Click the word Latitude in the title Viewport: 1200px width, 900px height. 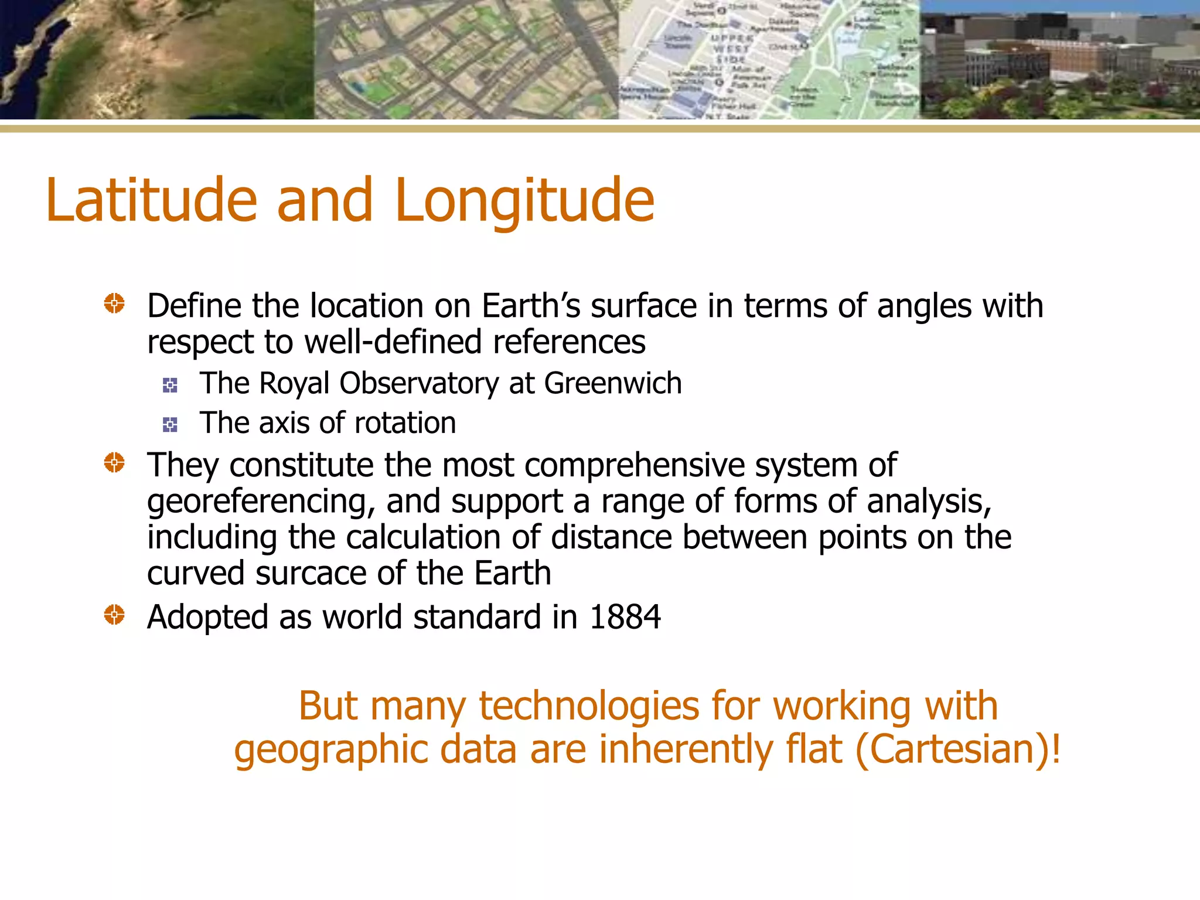click(151, 201)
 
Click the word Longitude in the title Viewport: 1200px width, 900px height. click(524, 201)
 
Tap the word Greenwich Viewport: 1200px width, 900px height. click(613, 384)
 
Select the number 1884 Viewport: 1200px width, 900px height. click(625, 618)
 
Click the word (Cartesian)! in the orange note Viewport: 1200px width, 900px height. click(957, 750)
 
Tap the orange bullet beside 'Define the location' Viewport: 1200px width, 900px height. click(114, 304)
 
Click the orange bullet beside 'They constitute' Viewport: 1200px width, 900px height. click(114, 463)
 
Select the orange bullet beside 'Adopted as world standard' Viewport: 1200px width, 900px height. click(114, 615)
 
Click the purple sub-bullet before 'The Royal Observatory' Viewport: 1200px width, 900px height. click(170, 385)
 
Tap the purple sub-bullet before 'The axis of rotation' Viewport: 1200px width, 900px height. click(170, 425)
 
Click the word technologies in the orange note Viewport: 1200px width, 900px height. click(589, 706)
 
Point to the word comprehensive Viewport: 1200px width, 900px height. click(634, 466)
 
